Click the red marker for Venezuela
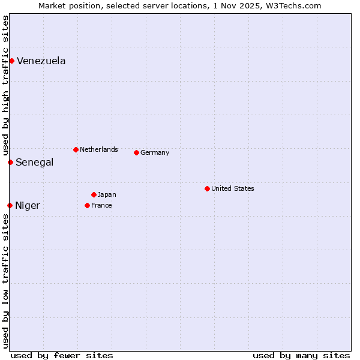coord(11,61)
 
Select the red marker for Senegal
coord(10,162)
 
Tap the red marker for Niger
coord(10,205)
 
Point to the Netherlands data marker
coord(76,149)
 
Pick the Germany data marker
coord(136,152)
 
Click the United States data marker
coord(207,188)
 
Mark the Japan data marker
coord(94,194)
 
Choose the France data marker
coord(87,205)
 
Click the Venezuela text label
coord(41,61)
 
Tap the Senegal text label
coord(34,162)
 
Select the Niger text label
coord(28,205)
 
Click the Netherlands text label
coord(99,149)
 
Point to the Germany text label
coord(155,152)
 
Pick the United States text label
coord(233,188)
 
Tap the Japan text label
coord(107,194)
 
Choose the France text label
coord(101,205)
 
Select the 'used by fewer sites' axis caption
coord(62,355)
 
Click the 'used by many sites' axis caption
coord(301,355)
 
